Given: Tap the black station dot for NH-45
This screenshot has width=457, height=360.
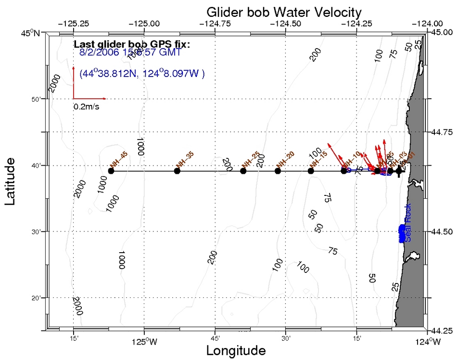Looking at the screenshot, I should click(111, 171).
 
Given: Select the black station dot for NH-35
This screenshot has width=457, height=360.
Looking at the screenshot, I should click(177, 171).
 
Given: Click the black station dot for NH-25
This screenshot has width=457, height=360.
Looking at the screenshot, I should click(243, 171).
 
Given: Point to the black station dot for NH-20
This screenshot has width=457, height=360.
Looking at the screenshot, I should click(278, 171).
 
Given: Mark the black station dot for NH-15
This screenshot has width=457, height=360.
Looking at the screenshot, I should click(311, 171).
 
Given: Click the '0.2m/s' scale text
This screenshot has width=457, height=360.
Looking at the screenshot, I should click(87, 107).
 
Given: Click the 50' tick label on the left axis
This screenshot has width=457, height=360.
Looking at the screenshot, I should click(37, 99).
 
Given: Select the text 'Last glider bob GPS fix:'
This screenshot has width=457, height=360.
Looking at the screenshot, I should click(132, 44).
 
